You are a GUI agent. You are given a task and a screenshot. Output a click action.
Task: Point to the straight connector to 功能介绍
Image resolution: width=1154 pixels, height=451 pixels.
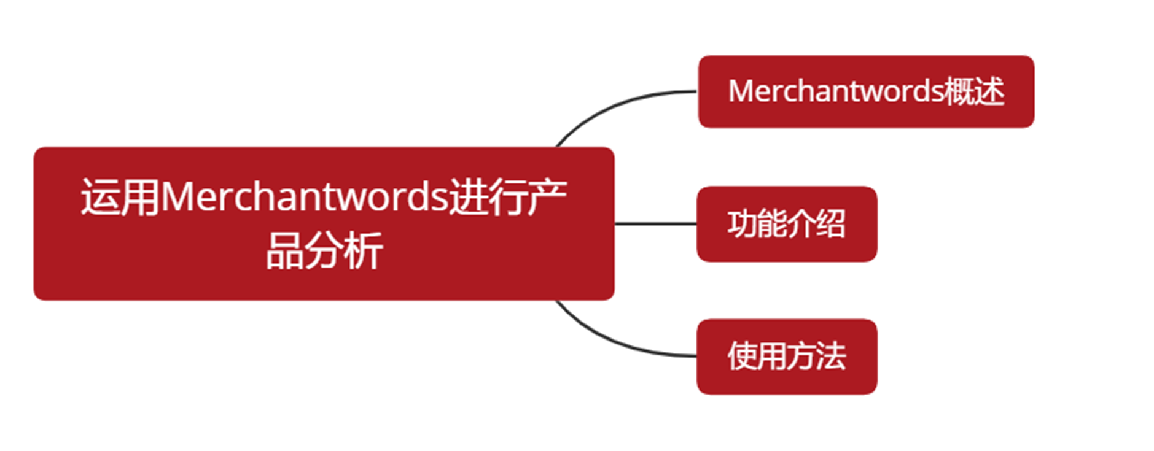tap(655, 224)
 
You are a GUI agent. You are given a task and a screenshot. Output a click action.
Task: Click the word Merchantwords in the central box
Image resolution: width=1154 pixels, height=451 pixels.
tap(304, 197)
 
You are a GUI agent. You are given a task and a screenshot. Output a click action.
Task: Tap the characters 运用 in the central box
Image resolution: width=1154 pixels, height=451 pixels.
tap(120, 197)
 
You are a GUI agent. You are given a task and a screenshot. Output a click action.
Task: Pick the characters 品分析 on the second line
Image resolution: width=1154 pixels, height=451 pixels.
tap(324, 250)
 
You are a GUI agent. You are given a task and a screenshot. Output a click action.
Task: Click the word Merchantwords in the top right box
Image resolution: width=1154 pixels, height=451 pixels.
tap(835, 91)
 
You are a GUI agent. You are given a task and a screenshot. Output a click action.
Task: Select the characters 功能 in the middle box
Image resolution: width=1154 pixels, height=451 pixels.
tap(757, 223)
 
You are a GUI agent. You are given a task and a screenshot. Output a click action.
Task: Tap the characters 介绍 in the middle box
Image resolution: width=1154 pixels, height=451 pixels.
tap(816, 223)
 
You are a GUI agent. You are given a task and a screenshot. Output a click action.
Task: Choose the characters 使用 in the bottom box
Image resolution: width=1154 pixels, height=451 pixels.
tap(757, 356)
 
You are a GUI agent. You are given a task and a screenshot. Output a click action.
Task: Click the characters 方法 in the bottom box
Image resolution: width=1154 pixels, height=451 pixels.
tap(816, 356)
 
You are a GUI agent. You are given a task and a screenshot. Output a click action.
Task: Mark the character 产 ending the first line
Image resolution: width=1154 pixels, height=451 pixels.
tap(548, 197)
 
